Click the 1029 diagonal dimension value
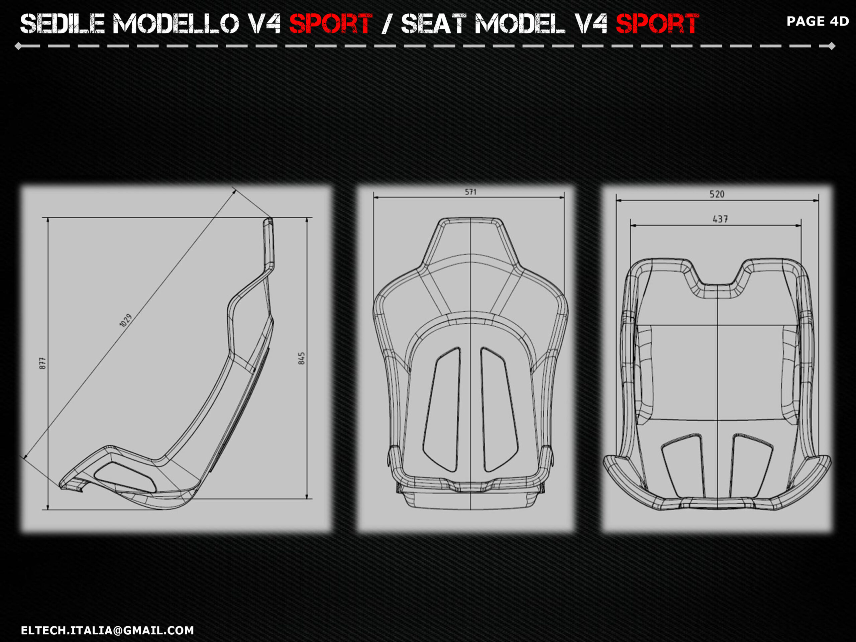click(126, 320)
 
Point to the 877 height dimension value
click(42, 363)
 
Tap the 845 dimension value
click(302, 358)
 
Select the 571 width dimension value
click(470, 192)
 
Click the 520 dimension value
click(717, 194)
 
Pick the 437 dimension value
click(720, 219)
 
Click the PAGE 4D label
click(818, 21)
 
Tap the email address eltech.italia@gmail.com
click(108, 630)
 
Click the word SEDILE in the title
click(63, 24)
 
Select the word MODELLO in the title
click(176, 24)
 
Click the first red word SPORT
click(331, 24)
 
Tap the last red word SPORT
click(657, 24)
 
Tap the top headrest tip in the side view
click(268, 219)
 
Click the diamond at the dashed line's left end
click(18, 46)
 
